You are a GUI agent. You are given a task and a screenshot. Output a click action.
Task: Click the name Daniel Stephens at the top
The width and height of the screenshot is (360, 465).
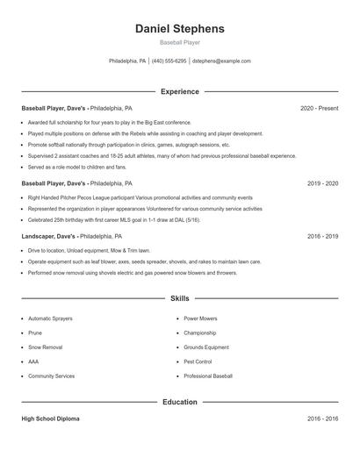point(179,28)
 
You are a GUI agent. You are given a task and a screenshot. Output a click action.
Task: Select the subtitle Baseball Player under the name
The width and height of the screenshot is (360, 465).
point(179,42)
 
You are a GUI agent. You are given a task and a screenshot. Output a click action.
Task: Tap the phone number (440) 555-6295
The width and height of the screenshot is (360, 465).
point(169,61)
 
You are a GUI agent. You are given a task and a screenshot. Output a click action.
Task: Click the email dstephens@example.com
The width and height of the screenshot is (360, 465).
point(221,61)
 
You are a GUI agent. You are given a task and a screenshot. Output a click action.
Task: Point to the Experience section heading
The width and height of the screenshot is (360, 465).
point(179,91)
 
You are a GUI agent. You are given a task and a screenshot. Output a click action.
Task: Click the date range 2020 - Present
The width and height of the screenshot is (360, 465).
point(319,108)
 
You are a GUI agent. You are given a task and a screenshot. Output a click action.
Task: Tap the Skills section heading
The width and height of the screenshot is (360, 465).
point(179,298)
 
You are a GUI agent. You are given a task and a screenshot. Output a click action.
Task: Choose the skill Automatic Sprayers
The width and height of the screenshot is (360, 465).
point(50,318)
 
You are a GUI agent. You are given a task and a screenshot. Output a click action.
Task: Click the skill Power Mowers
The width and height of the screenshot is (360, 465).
point(201,318)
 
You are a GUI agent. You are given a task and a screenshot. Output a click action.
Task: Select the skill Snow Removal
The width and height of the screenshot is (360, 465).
point(45,347)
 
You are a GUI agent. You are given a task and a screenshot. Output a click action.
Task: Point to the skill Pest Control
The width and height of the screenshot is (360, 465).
point(198,361)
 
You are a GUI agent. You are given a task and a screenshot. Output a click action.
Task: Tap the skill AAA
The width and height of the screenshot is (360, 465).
point(33,361)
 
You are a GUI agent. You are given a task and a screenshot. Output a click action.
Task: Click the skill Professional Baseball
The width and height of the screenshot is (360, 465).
point(208,376)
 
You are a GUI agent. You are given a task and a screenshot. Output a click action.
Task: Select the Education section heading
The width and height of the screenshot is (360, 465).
point(179,402)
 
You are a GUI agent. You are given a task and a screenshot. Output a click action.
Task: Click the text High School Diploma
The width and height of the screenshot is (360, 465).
point(50,418)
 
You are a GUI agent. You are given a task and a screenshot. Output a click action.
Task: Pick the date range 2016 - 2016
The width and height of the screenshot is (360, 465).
point(322,418)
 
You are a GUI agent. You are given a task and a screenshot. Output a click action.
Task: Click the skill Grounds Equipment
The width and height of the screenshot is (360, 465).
point(206,347)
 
